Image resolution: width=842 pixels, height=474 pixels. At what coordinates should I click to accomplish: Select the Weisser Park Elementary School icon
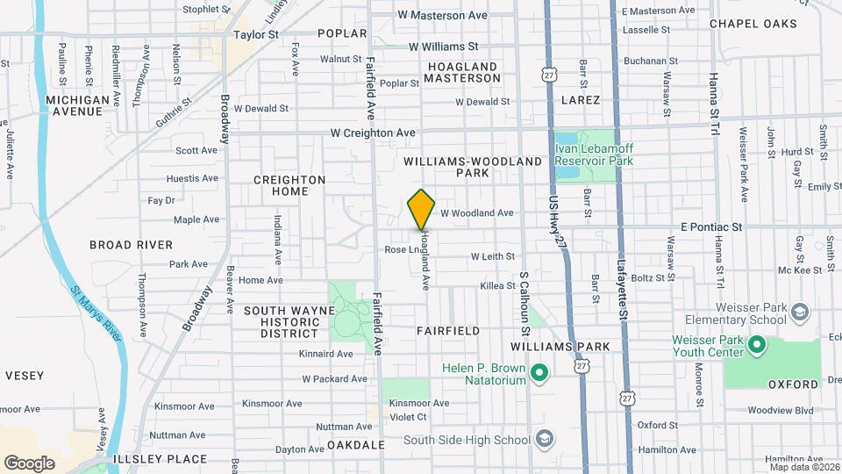point(799,312)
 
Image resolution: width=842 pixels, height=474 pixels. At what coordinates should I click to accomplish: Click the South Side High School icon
point(544,438)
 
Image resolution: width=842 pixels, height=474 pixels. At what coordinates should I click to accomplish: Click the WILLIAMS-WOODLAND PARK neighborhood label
point(473,168)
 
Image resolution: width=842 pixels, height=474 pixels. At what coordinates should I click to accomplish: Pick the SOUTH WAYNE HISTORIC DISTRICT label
point(289,322)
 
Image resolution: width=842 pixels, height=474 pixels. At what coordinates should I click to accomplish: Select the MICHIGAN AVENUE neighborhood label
point(78,105)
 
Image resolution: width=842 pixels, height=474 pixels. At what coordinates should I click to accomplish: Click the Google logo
point(29,463)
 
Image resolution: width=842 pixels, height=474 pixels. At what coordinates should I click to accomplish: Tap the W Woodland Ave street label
point(476,213)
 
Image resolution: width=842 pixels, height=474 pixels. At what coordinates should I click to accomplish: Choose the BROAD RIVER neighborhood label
point(132,245)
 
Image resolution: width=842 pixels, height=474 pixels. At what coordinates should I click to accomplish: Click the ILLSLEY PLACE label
point(160,459)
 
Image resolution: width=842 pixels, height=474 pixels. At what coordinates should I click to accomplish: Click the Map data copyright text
point(803,466)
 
